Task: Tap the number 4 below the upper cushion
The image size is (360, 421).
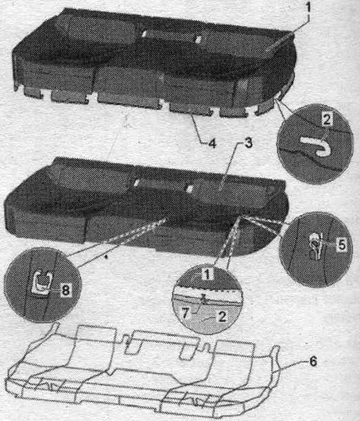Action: coord(212,144)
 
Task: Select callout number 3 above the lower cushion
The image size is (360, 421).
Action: coord(248,143)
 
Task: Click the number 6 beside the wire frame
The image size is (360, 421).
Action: coord(313,361)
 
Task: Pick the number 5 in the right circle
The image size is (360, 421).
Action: coord(341,245)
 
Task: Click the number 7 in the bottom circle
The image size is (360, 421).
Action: coord(185,313)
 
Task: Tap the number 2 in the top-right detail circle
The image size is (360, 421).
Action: coord(326,119)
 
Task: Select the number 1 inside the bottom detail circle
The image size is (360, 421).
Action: coord(206,275)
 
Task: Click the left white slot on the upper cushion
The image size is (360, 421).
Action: coord(144,34)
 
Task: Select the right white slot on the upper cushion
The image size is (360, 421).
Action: coord(198,39)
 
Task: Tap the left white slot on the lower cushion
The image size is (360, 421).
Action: coord(136,183)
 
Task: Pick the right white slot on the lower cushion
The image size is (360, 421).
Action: coord(190,189)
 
